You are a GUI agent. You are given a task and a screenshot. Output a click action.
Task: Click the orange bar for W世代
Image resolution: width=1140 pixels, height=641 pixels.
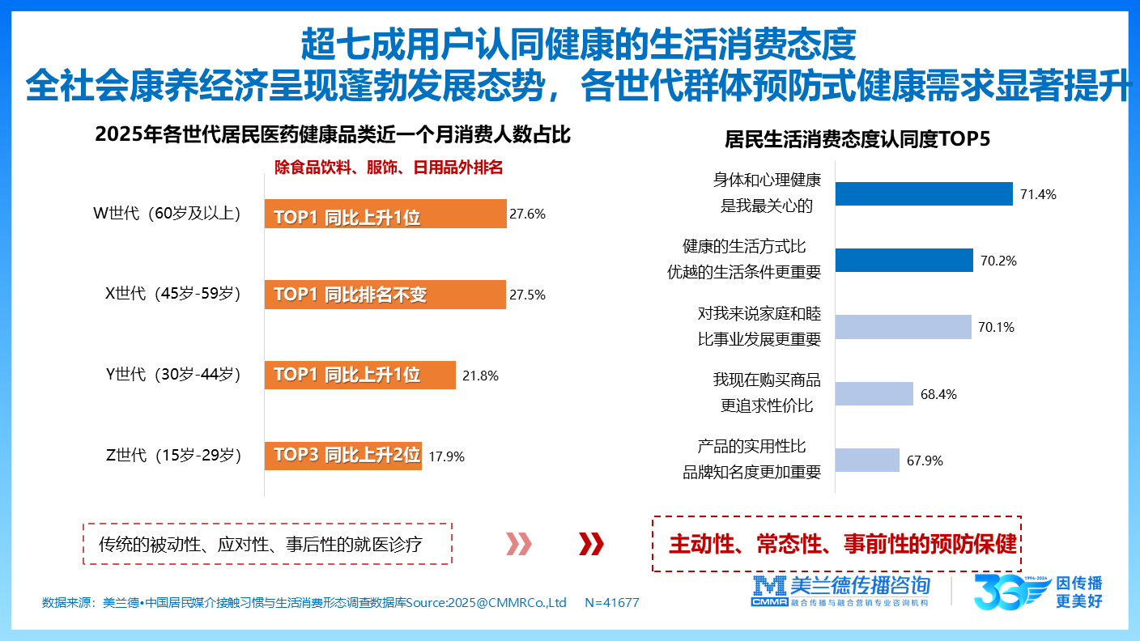coord(385,214)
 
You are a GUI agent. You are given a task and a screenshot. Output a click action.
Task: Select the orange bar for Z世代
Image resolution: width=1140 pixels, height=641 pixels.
coord(342,456)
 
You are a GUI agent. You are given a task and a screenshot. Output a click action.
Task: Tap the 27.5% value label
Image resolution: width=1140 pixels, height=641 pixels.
coord(527,295)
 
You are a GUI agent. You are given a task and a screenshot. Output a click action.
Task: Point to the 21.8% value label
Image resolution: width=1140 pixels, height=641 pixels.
coord(480,376)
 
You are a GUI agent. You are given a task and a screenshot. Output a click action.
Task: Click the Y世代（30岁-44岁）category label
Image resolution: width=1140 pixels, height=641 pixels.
coord(174,374)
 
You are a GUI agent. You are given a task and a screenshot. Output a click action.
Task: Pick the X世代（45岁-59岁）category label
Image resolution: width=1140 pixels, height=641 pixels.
coord(174,293)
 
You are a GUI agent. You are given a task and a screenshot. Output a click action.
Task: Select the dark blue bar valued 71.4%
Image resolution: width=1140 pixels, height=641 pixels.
coord(924,194)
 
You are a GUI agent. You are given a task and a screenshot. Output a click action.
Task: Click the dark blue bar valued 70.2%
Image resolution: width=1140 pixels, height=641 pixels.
coord(904,261)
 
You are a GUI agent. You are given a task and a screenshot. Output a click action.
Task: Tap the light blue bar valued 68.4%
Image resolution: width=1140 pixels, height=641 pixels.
coord(874,394)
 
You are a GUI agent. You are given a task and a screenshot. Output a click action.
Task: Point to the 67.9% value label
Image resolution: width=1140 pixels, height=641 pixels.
coord(925,461)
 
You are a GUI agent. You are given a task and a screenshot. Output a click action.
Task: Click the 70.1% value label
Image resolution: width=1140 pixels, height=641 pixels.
coord(996,327)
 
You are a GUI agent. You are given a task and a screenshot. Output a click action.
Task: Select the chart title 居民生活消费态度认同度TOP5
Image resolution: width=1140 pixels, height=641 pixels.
coord(857,139)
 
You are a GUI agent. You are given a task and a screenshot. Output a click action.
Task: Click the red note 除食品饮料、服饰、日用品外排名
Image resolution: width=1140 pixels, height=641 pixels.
coord(389,168)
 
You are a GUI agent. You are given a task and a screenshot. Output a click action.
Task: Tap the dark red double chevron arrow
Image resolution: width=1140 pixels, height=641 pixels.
coord(591,544)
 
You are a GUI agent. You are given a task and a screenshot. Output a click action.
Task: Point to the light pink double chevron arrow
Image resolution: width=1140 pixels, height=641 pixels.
coord(519,544)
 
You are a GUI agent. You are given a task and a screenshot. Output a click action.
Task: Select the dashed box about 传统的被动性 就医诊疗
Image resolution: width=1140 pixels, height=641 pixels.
coord(267,544)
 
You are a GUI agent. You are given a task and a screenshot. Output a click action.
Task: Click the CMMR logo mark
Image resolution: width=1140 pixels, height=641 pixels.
coord(769,592)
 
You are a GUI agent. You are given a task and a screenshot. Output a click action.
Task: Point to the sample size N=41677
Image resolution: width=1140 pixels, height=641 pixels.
coord(611,603)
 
